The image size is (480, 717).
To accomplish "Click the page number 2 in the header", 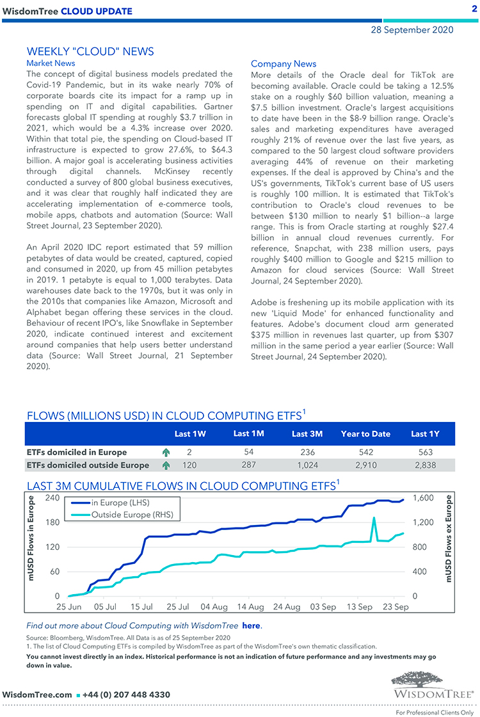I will point(474,10).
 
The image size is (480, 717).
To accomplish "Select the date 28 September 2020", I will point(412,29).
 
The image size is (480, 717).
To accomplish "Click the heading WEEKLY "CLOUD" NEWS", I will point(90,51).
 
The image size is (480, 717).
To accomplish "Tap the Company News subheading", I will point(284,63).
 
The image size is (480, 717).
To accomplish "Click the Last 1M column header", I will point(249,433).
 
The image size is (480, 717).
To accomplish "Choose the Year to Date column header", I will point(365,433).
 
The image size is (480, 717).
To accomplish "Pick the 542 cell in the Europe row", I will point(365,452).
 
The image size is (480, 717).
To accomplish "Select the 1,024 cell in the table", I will point(307,465).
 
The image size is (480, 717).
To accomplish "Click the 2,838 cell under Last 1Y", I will point(425,465).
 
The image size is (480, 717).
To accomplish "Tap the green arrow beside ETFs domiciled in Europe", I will point(166,452).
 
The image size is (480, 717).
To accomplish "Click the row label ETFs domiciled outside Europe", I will point(89,465).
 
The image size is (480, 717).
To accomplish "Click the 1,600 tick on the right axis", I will point(422,498).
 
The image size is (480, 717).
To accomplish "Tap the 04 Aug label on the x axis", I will point(214,606).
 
